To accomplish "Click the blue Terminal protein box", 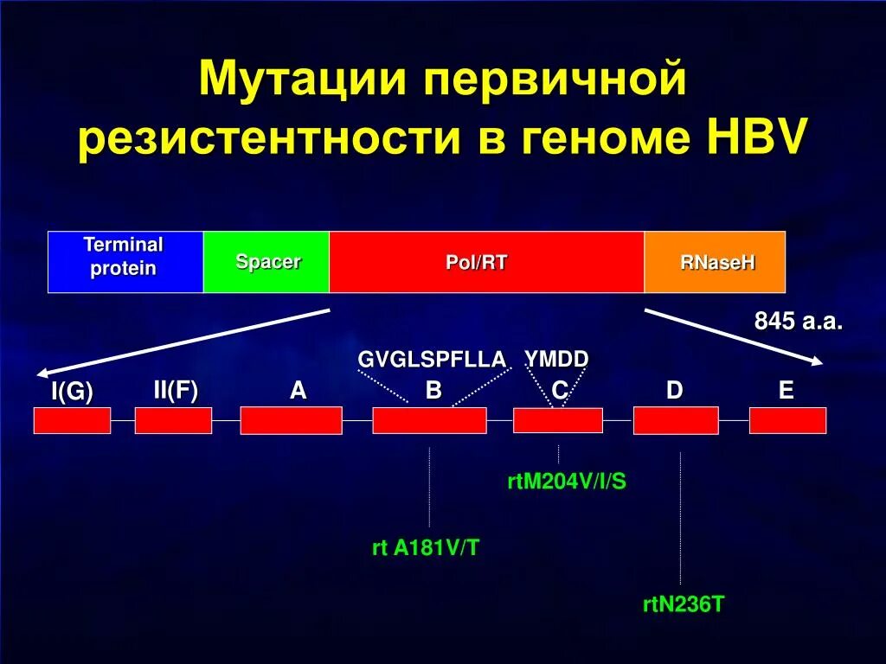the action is [125, 262].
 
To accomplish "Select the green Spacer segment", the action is [266, 262].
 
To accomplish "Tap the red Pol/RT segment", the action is [486, 262].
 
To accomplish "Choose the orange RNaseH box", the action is [715, 262].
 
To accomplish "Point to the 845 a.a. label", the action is [798, 322].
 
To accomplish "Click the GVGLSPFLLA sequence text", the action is [432, 360].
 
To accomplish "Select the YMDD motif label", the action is [556, 359].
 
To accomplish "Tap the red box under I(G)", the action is [72, 420].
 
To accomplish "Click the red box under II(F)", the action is [173, 420].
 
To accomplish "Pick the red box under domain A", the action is [291, 420].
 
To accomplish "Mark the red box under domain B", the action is [429, 420].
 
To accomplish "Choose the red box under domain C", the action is [558, 420].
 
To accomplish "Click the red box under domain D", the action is [676, 420].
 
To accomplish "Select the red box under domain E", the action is [787, 420].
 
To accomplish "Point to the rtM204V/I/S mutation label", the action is [566, 482].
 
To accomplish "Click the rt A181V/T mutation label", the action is [425, 548].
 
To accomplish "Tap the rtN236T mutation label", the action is [683, 604].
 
